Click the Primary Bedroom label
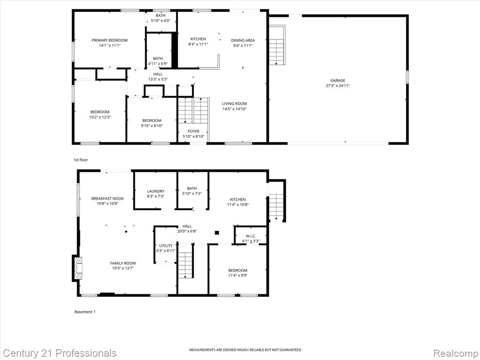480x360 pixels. click(110, 40)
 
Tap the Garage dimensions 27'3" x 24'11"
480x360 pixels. click(337, 86)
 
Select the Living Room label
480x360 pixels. click(234, 104)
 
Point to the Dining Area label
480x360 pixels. click(243, 40)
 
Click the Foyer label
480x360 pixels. click(194, 131)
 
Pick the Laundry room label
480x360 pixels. click(156, 191)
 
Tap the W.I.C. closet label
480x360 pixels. click(251, 236)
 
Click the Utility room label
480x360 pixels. click(166, 246)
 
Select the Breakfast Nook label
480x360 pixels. click(108, 199)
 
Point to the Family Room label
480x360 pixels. click(123, 263)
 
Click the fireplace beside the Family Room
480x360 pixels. click(78, 268)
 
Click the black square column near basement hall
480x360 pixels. click(217, 232)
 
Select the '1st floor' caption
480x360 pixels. click(81, 160)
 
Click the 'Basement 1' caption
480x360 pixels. click(85, 312)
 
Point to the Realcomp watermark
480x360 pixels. click(456, 353)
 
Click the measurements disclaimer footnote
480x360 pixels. click(245, 350)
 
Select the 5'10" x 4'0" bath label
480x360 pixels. click(160, 21)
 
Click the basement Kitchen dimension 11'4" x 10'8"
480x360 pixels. click(238, 204)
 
